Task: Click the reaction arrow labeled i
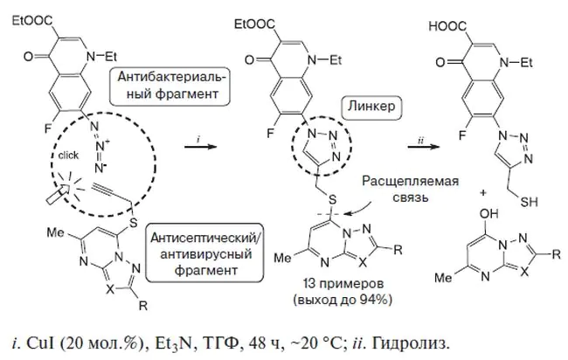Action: click(x=200, y=147)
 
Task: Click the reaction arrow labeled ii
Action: click(x=424, y=147)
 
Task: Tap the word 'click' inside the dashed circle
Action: click(x=68, y=156)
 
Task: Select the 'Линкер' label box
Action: click(x=371, y=107)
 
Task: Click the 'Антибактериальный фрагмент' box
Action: click(x=170, y=87)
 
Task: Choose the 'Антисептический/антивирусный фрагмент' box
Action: click(x=204, y=253)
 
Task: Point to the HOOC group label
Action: click(x=447, y=26)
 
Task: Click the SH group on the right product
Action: click(x=529, y=201)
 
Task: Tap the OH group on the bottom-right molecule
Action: click(x=488, y=214)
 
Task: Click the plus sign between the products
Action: click(x=483, y=193)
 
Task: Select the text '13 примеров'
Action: click(x=343, y=284)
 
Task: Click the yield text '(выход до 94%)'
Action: click(x=343, y=300)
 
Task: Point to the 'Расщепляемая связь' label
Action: click(x=410, y=189)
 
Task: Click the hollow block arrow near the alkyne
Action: click(x=58, y=193)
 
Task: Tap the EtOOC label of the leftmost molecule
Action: click(x=31, y=21)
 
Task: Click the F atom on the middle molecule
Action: click(x=270, y=134)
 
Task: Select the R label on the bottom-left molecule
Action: click(x=143, y=306)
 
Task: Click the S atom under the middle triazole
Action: click(x=332, y=199)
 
